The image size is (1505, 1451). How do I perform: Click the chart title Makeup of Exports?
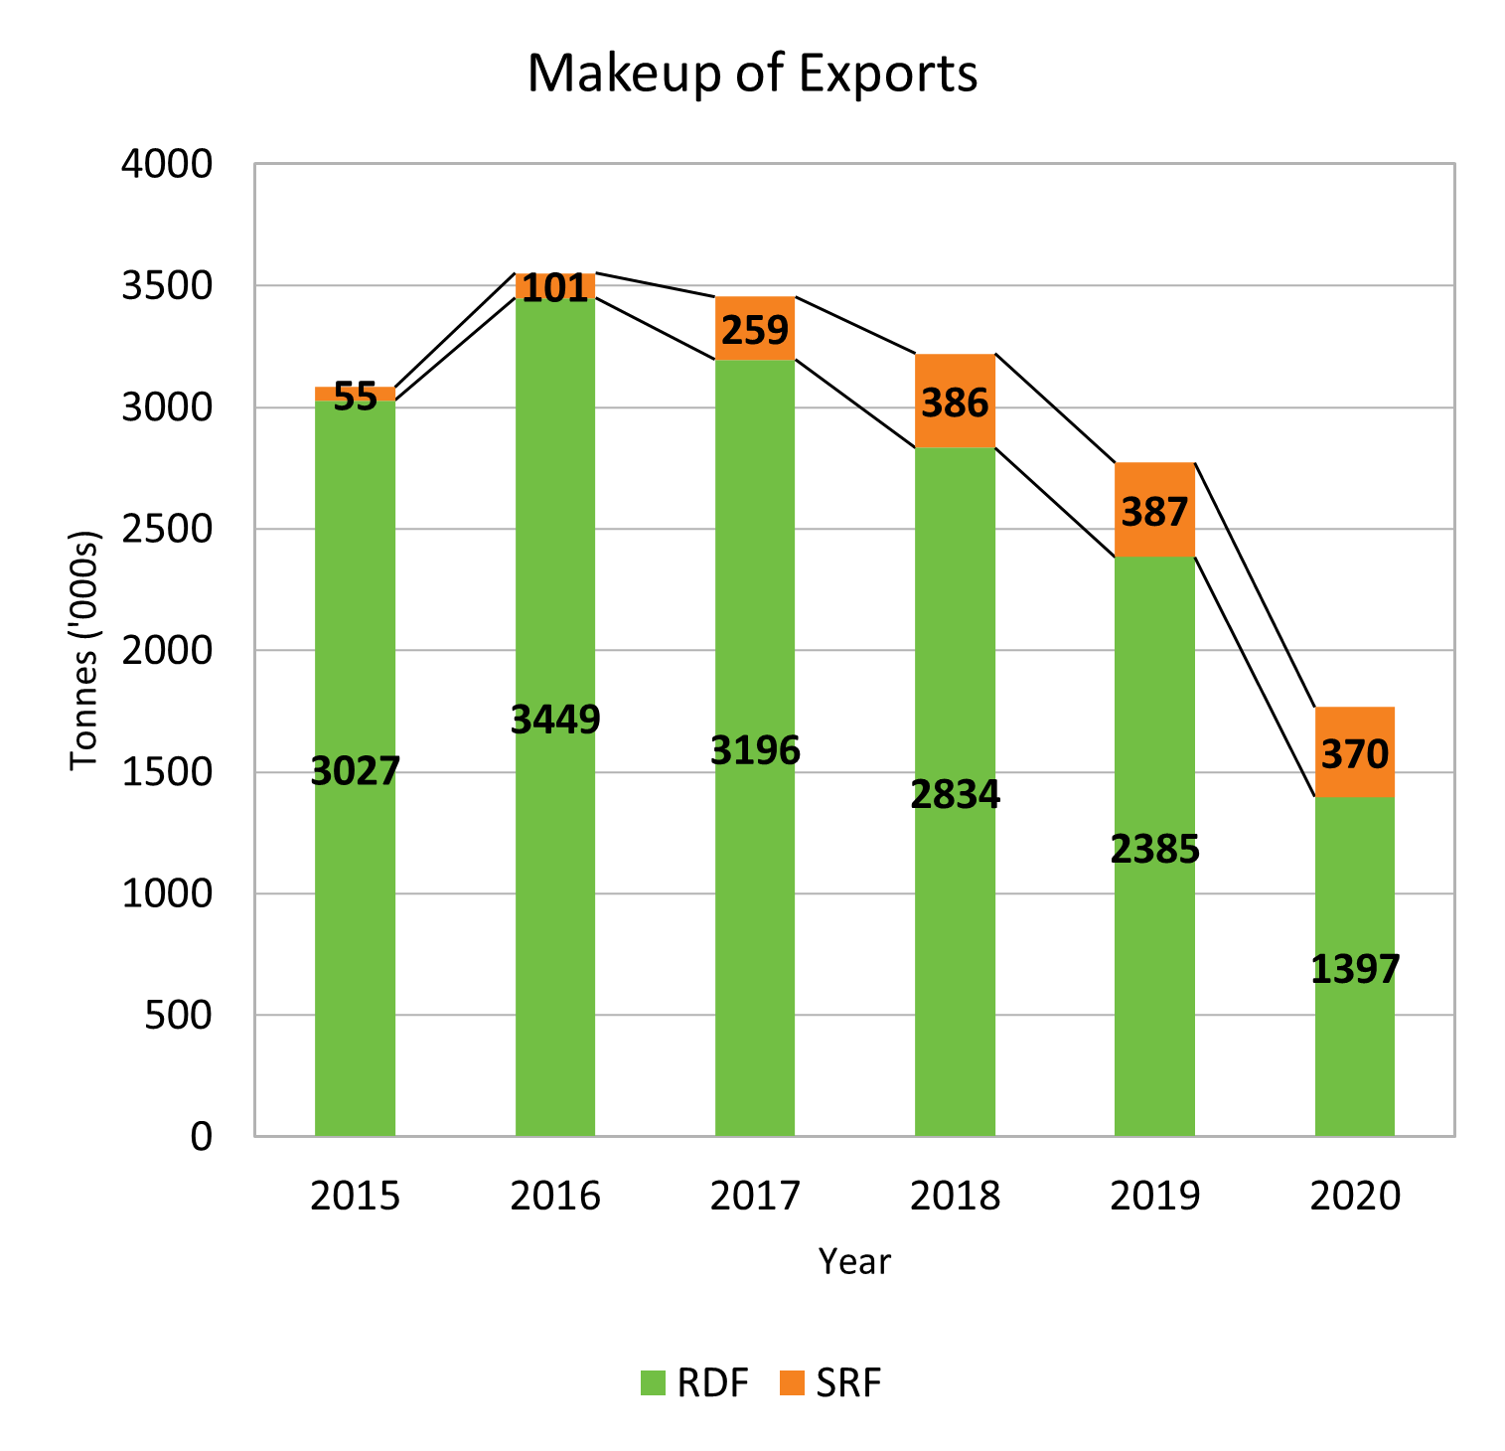752,74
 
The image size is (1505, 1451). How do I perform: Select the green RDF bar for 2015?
355,894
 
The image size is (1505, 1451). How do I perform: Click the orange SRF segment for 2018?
955,378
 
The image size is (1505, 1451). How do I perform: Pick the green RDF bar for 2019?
1154,944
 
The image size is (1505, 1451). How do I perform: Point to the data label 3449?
555,719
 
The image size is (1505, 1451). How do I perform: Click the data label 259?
755,330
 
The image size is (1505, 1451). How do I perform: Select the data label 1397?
1355,969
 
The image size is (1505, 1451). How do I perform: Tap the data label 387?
1154,512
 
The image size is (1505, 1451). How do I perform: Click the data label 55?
355,397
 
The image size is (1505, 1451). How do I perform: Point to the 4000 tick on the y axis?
167,164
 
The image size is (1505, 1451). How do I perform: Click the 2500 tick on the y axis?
167,529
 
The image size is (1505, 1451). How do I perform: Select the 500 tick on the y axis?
179,1015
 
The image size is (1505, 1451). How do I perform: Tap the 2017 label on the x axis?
755,1196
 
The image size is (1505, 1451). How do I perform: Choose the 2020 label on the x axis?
1355,1196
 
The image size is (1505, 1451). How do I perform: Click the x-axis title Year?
854,1261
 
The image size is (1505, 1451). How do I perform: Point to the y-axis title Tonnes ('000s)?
85,650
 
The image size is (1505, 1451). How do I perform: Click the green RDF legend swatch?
653,1382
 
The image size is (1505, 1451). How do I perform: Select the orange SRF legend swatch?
792,1382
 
